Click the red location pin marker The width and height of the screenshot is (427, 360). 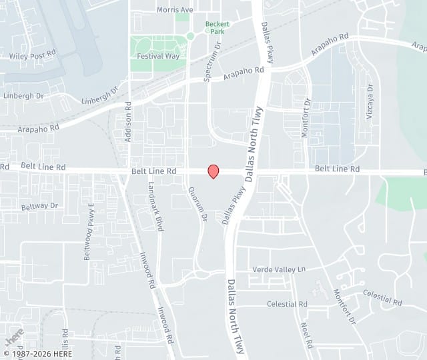(213, 171)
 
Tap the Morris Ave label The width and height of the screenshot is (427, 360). (175, 10)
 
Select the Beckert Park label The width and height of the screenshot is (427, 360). (218, 27)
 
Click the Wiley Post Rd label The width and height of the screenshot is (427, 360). (32, 55)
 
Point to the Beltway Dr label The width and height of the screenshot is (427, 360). (39, 206)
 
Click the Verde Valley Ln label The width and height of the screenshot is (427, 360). (279, 269)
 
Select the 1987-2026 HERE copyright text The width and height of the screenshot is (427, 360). (37, 353)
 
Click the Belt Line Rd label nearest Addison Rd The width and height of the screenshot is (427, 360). (154, 171)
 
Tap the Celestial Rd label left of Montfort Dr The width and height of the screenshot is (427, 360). (287, 304)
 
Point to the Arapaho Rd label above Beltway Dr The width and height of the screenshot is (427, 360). (39, 127)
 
